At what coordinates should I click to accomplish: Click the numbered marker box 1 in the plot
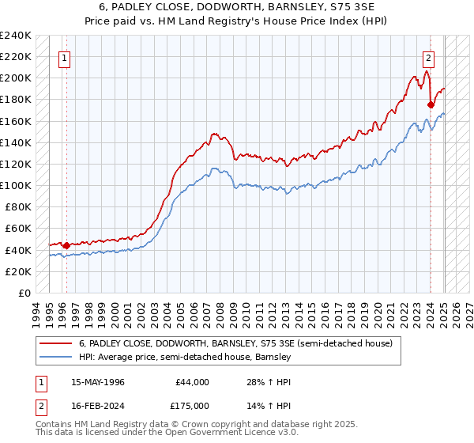[64, 57]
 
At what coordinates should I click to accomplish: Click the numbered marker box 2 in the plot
[428, 57]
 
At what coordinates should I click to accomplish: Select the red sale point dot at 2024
[431, 104]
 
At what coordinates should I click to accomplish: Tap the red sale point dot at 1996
[66, 245]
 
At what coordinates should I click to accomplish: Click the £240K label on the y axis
[16, 36]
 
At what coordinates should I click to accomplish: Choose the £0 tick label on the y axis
[24, 293]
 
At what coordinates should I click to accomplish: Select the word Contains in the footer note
[55, 424]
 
